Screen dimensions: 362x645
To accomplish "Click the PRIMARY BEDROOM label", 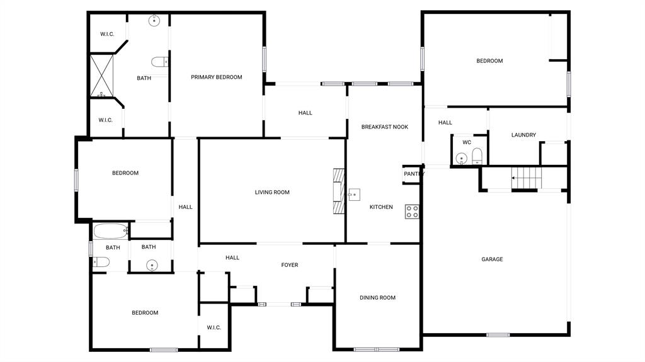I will click(x=217, y=77).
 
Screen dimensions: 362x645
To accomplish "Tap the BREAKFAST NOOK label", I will click(x=384, y=127).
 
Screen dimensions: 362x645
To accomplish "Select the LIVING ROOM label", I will click(x=272, y=192).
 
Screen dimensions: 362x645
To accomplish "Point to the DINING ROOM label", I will click(x=377, y=298).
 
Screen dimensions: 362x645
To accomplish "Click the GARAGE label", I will click(x=492, y=259).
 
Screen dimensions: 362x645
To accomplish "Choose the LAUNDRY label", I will click(x=523, y=135).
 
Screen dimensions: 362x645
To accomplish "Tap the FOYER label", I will click(x=289, y=265).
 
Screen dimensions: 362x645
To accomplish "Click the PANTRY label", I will click(x=413, y=174).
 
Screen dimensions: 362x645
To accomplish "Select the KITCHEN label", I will click(x=381, y=207).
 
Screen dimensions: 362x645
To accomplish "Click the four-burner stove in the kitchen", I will click(x=413, y=212).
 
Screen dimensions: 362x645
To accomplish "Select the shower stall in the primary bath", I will click(x=101, y=76).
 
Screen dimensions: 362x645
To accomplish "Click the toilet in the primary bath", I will click(x=160, y=62).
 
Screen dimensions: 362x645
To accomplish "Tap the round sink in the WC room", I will click(x=462, y=159).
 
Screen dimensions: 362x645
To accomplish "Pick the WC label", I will click(x=467, y=142).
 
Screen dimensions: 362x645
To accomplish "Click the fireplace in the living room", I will click(x=340, y=192).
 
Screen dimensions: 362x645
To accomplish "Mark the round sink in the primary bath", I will click(x=155, y=21).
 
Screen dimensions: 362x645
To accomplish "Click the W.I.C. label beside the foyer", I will click(x=214, y=327).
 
